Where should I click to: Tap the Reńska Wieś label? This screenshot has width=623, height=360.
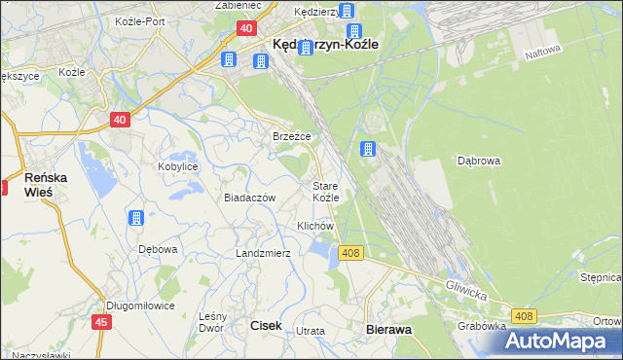point(45,185)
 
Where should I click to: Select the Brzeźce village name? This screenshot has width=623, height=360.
point(291,136)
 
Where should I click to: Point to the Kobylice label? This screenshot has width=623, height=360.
point(178,166)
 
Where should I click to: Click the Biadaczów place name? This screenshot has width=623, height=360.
point(250,198)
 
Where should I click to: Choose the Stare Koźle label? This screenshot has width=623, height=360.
point(325,191)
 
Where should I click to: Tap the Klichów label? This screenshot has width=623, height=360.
point(315,226)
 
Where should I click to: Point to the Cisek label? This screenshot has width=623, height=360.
point(267,327)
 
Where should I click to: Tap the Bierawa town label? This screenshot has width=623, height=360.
point(388,330)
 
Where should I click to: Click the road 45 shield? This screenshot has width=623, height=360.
point(101,322)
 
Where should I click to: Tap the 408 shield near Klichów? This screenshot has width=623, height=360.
point(351,253)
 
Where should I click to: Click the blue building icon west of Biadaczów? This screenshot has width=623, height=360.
point(136,217)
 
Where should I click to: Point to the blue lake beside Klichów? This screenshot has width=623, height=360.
point(319,252)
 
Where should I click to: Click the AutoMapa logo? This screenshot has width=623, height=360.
point(560,341)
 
